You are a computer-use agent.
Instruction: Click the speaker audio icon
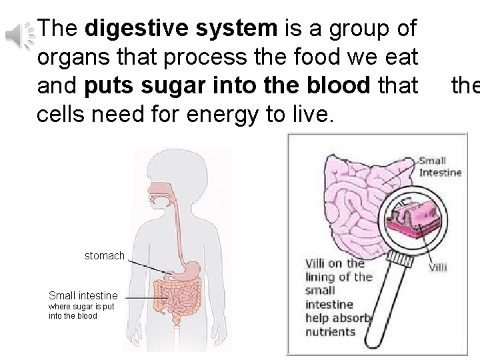(19, 35)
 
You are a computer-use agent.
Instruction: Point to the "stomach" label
(104, 255)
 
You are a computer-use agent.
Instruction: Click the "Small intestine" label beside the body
(83, 295)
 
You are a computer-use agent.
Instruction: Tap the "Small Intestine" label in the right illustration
(440, 167)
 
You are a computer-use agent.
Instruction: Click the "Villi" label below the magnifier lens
(437, 267)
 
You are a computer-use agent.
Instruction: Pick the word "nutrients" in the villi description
(330, 331)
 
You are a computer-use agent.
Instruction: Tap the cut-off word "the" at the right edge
(465, 86)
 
